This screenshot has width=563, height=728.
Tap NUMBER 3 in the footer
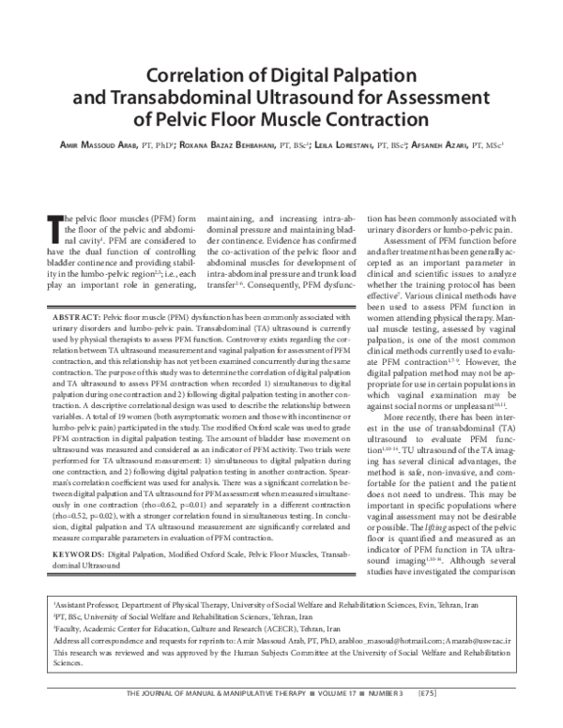tap(423, 720)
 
